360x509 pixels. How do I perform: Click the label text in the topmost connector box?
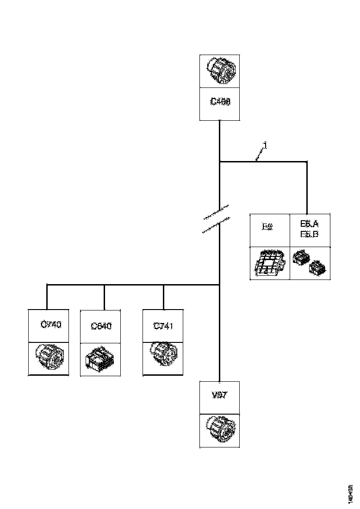(x=220, y=102)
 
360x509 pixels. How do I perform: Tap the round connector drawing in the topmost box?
(x=220, y=71)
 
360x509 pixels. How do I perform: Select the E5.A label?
(x=309, y=224)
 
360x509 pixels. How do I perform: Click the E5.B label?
(x=309, y=234)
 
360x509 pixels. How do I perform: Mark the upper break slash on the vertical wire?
(x=216, y=211)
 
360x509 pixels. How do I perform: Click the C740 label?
(x=50, y=324)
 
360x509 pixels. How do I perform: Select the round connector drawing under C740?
(x=50, y=359)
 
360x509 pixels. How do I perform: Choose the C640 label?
(x=101, y=326)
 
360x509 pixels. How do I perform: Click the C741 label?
(x=163, y=326)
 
